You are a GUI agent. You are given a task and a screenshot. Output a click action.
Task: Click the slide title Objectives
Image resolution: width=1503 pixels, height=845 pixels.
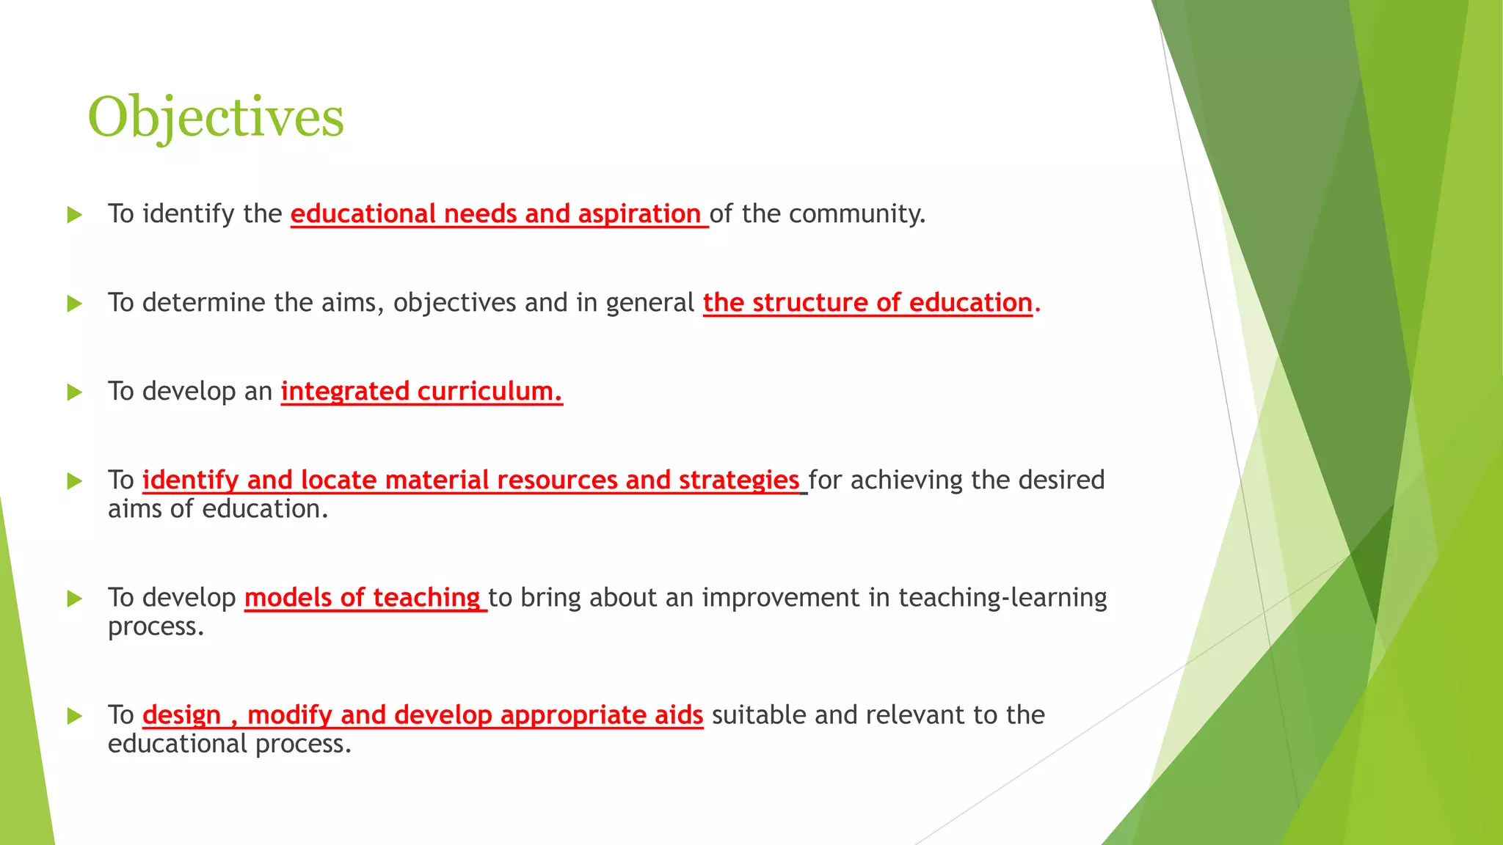pos(216,117)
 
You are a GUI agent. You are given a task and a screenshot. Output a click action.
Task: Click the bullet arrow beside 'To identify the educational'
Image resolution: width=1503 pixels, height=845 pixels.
pos(74,215)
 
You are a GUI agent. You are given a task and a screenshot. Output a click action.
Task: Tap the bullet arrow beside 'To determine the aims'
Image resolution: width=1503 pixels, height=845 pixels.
pos(74,304)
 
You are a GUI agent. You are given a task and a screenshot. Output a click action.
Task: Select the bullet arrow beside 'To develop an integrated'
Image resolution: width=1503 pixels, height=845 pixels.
pos(74,392)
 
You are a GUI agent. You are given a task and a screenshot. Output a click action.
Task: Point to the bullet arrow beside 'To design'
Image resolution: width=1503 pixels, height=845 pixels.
pos(74,716)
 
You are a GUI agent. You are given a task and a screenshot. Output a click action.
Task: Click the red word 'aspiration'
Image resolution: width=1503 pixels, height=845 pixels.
pos(639,213)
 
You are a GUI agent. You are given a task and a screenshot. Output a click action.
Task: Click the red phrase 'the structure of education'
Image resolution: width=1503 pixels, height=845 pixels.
pos(867,302)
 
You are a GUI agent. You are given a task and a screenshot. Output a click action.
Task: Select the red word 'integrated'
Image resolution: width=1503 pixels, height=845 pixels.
pos(345,392)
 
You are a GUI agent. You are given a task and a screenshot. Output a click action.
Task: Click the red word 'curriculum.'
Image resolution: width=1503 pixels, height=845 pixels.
pos(490,392)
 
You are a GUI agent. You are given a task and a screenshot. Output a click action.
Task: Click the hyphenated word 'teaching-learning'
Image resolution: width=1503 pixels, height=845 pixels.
pos(1002,598)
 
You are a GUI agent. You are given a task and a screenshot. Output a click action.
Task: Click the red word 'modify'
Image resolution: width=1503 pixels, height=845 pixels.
pos(290,715)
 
